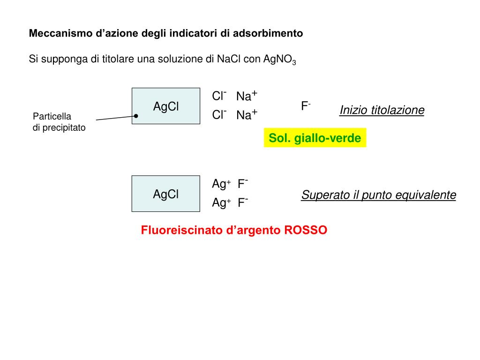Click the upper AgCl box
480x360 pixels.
166,106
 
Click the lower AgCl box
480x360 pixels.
166,194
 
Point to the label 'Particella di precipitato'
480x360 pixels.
59,122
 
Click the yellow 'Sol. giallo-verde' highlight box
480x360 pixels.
315,138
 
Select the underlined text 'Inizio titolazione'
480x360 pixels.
382,110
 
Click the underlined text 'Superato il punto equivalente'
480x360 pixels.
379,195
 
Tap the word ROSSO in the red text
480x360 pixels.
306,230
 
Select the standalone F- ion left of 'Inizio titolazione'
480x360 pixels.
306,106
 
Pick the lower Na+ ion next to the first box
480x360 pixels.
247,115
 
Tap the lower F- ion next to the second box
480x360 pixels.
243,202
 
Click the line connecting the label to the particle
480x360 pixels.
115,118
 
